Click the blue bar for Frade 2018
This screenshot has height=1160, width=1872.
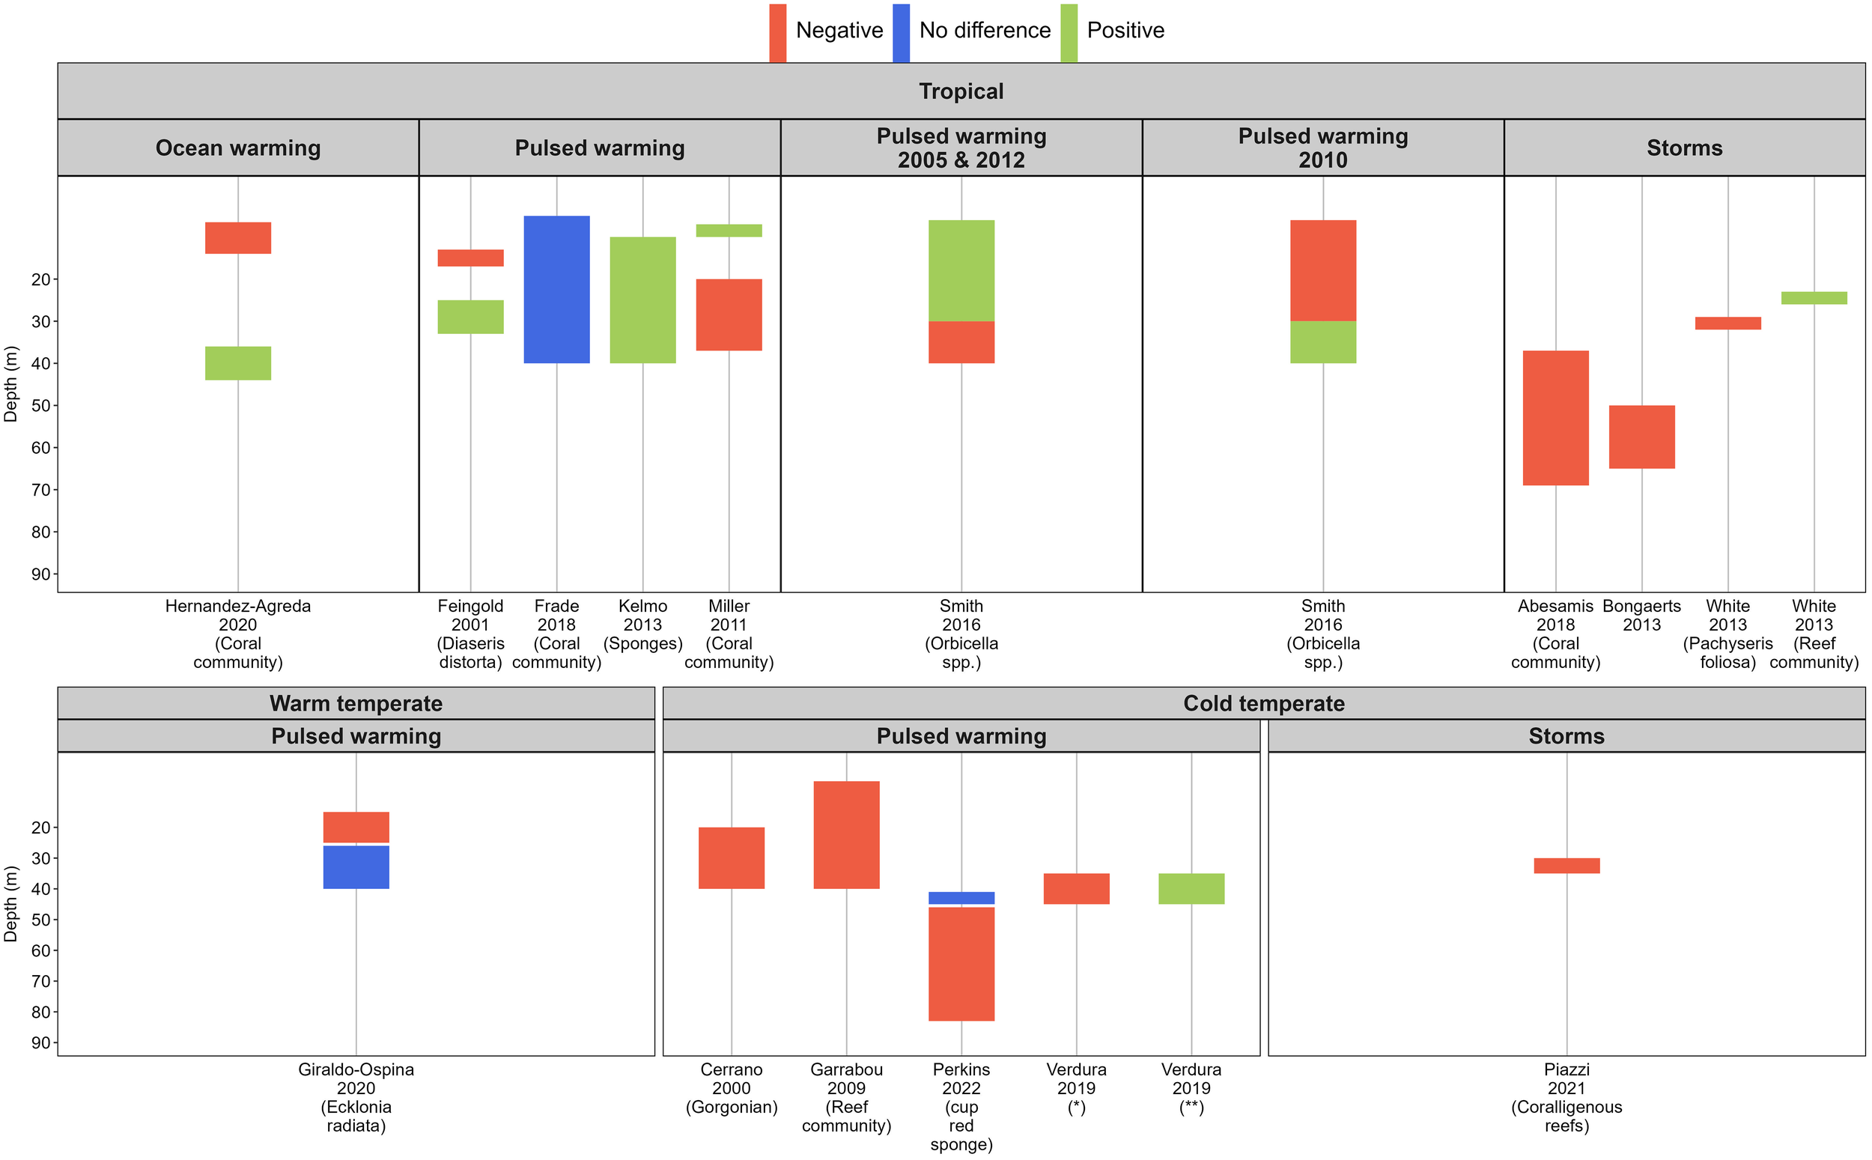pyautogui.click(x=556, y=289)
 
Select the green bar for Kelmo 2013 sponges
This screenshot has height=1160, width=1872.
pyautogui.click(x=642, y=300)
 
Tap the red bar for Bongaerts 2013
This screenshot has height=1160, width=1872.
pyautogui.click(x=1641, y=437)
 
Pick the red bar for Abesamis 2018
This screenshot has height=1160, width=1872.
pyautogui.click(x=1555, y=417)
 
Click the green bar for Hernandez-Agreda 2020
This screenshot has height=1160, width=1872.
pyautogui.click(x=237, y=363)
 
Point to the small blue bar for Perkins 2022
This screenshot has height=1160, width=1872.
pyautogui.click(x=961, y=898)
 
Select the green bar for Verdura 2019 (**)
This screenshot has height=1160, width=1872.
pyautogui.click(x=1191, y=888)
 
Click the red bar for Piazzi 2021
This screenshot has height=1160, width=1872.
pyautogui.click(x=1566, y=866)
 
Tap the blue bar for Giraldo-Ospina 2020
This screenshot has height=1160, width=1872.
pyautogui.click(x=356, y=867)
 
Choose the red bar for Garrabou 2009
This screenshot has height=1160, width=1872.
pyautogui.click(x=846, y=835)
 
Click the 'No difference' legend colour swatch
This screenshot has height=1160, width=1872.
pyautogui.click(x=900, y=32)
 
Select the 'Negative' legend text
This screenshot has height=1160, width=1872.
pyautogui.click(x=839, y=31)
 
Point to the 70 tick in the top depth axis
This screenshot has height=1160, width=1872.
pyautogui.click(x=40, y=490)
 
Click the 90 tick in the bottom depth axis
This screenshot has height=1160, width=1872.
pyautogui.click(x=40, y=1042)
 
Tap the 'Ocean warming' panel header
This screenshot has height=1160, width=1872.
pyautogui.click(x=237, y=148)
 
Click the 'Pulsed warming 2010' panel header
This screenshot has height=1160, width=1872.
pyautogui.click(x=1322, y=148)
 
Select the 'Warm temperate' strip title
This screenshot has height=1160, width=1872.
pyautogui.click(x=356, y=702)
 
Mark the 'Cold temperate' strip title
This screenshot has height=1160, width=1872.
pyautogui.click(x=1263, y=702)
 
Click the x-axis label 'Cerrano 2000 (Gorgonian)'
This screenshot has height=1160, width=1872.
pyautogui.click(x=731, y=1088)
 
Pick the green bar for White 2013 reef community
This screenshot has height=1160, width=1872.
pyautogui.click(x=1813, y=297)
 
